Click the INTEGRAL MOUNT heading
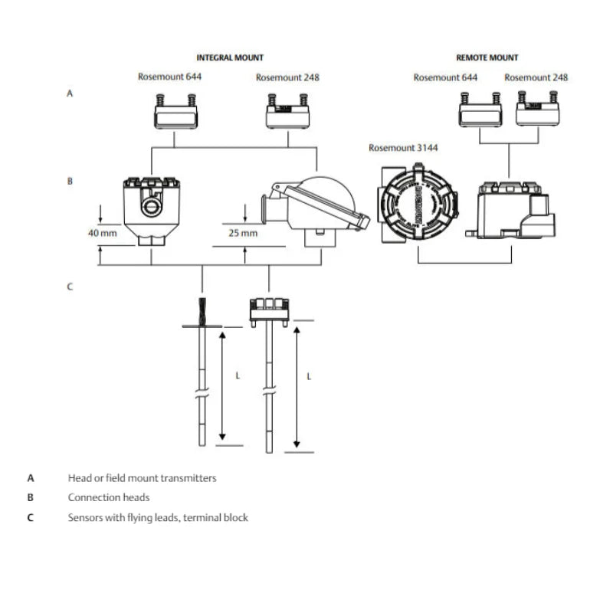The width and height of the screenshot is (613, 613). pos(230,57)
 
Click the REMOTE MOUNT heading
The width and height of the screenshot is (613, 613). pos(487,57)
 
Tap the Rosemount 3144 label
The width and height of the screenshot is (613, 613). pos(403,148)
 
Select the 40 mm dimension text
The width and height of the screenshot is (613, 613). pos(103,232)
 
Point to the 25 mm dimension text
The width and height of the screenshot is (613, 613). pos(244,232)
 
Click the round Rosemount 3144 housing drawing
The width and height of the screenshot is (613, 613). pos(416,204)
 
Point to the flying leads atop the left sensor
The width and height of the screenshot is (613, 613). pos(202,310)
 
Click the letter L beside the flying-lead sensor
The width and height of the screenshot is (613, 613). pos(238,376)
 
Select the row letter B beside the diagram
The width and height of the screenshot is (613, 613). pos(70,182)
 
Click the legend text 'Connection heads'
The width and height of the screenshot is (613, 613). pos(108,497)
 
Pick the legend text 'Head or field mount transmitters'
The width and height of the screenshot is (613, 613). pos(142,478)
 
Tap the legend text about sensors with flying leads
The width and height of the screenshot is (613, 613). pos(157,517)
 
